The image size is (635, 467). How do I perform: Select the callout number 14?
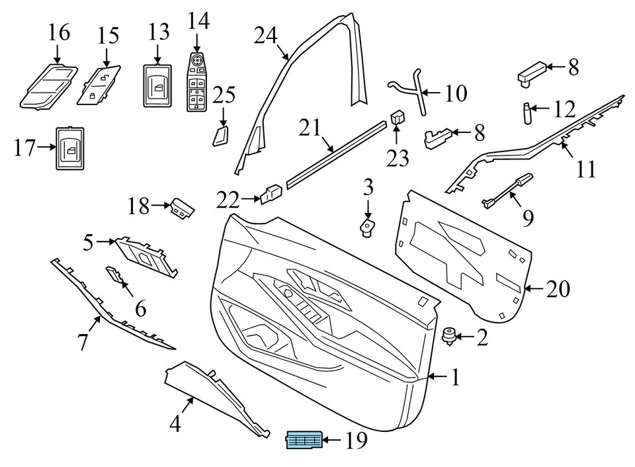pyautogui.click(x=198, y=21)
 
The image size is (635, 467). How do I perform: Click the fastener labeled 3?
pyautogui.click(x=366, y=228)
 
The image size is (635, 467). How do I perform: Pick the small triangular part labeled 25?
pyautogui.click(x=221, y=136)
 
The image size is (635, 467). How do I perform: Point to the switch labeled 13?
pyautogui.click(x=158, y=85)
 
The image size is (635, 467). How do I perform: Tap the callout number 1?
pyautogui.click(x=454, y=378)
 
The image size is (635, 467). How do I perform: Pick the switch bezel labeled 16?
pyautogui.click(x=50, y=84)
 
